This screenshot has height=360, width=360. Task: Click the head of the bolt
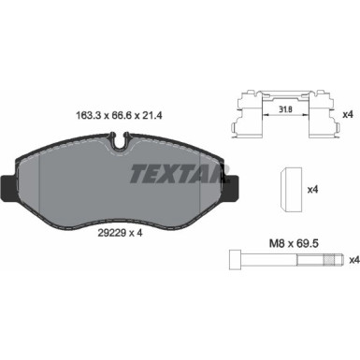point(235,259)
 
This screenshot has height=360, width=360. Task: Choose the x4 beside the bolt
point(351,259)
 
